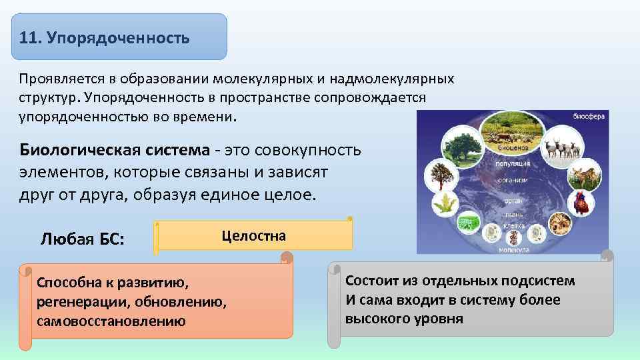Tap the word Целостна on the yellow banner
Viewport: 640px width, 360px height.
253,236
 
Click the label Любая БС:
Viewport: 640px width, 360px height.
82,239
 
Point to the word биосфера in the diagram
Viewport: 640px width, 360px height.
588,117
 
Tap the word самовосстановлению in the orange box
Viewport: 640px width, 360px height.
111,321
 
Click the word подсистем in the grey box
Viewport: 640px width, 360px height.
539,281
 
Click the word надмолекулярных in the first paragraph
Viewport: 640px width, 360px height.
389,79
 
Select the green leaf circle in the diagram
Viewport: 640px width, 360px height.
445,205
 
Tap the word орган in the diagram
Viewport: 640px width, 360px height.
512,199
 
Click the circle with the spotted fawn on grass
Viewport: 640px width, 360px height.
585,177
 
